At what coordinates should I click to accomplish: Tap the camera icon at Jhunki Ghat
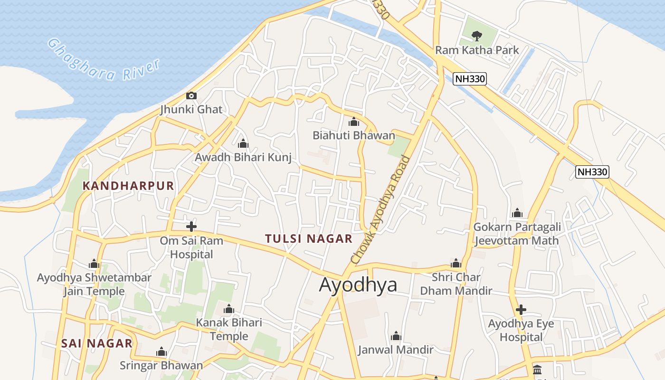point(191,95)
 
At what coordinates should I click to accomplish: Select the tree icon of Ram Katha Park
point(476,36)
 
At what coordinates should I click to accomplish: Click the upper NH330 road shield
point(470,79)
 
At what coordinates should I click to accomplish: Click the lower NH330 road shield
point(592,172)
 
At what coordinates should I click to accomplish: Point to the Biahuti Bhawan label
point(353,135)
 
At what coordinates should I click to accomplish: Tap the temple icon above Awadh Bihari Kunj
point(243,143)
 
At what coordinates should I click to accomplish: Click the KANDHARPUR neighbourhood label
point(129,186)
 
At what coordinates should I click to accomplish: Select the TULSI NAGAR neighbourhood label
point(309,238)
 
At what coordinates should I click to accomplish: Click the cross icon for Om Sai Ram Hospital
point(191,227)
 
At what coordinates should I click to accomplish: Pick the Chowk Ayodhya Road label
point(380,209)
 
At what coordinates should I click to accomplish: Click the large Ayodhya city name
point(358,285)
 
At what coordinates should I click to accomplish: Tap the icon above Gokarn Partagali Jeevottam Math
point(517,213)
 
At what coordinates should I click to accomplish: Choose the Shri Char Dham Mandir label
point(456,284)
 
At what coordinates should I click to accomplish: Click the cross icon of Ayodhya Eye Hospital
point(521,310)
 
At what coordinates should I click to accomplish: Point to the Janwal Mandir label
point(396,350)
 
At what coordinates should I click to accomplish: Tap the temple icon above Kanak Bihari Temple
point(229,310)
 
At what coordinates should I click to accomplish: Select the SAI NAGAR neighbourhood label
point(97,343)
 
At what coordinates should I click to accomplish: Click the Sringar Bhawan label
point(161,365)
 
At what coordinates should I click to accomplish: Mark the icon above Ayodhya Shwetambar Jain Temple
point(94,264)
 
